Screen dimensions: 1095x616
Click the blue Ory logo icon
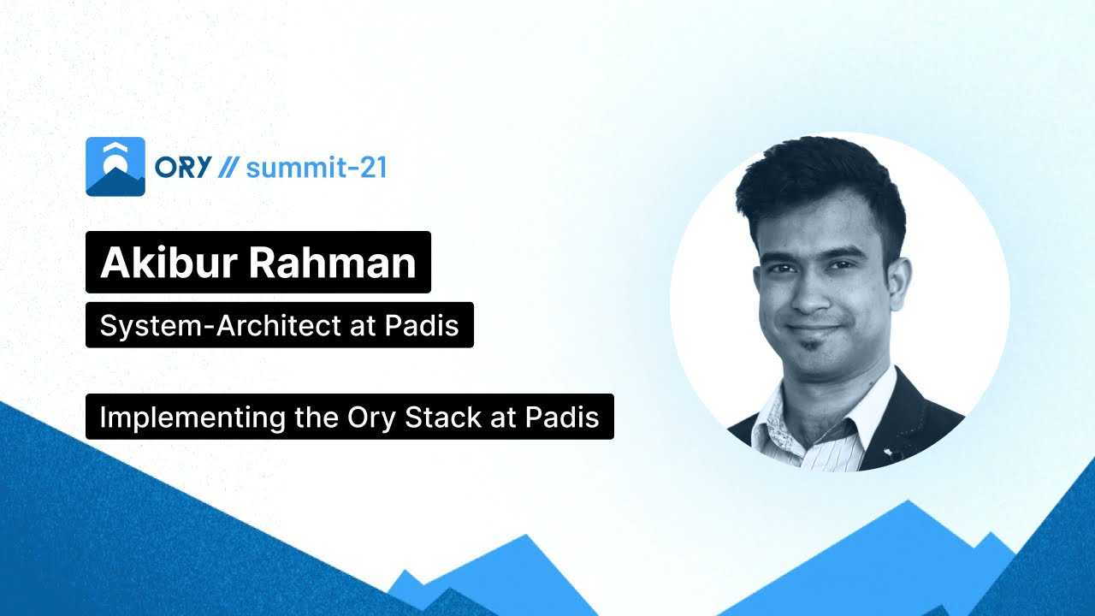(115, 167)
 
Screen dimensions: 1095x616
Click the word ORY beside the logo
(183, 168)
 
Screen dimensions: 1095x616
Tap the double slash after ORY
(228, 168)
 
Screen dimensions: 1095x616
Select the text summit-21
(317, 168)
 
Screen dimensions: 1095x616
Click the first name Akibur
(169, 263)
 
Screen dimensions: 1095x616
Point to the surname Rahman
(333, 263)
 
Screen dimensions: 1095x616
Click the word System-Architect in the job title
(220, 326)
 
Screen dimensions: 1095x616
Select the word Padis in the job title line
(422, 325)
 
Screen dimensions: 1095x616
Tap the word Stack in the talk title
(443, 417)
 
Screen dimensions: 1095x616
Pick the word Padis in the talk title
(562, 417)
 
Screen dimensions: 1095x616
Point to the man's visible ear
(898, 283)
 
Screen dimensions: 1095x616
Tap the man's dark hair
(821, 186)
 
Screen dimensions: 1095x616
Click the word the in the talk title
(317, 417)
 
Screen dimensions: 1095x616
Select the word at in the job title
(362, 326)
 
